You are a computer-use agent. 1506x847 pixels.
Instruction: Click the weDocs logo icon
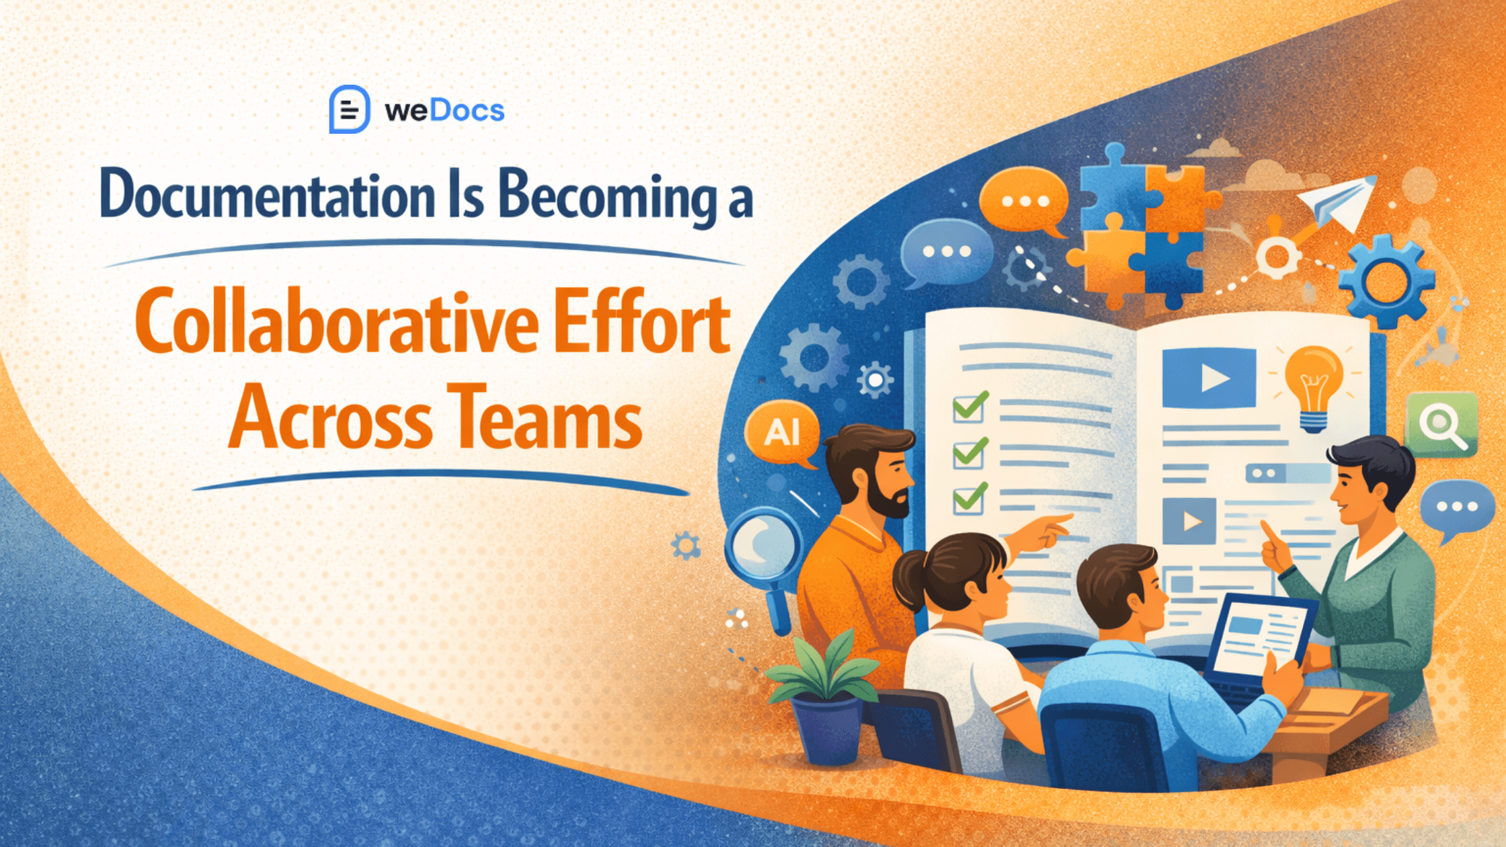(349, 110)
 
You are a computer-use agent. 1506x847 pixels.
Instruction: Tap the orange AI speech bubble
(782, 432)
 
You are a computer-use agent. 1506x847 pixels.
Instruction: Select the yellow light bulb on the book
(1313, 384)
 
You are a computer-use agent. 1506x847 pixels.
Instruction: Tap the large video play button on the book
(1209, 378)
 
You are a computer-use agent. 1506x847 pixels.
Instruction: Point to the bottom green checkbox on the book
(969, 499)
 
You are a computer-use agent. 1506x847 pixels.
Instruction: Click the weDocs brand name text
(444, 111)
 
